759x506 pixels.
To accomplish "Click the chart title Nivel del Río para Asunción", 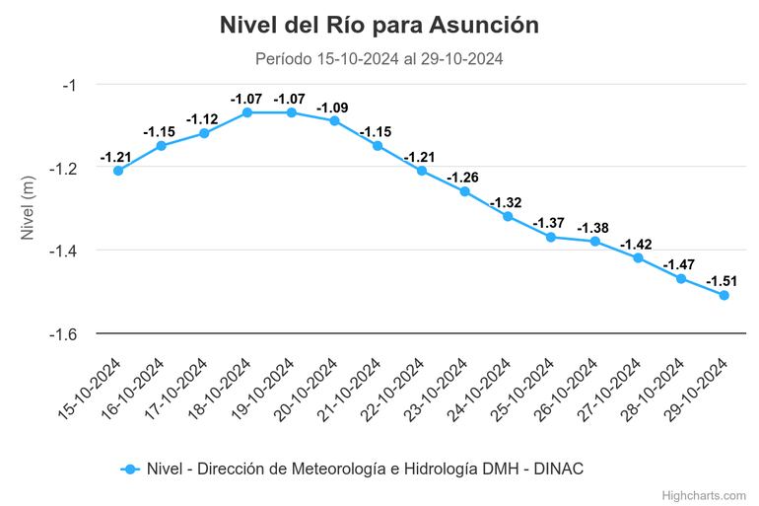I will point(379,26).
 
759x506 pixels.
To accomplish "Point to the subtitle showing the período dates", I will point(379,59).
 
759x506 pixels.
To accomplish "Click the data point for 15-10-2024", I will point(118,171).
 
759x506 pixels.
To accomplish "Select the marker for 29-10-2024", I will point(724,295).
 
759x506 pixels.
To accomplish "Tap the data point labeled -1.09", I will point(334,120).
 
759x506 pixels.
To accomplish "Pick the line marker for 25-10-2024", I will point(551,237).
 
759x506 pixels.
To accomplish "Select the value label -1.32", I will point(507,201).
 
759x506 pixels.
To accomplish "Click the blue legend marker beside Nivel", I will point(129,469).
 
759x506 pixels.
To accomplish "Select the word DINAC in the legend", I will point(559,469).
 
